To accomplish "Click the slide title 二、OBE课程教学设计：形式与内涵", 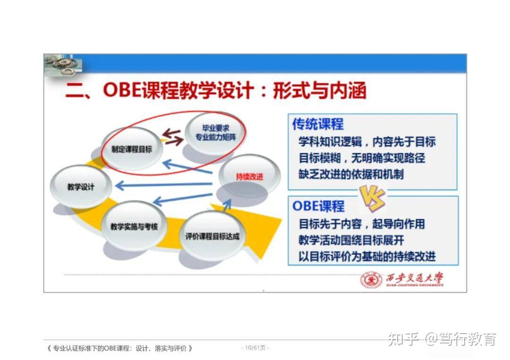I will click(216, 91).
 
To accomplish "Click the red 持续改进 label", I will click(249, 177).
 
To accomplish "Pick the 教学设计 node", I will click(81, 186).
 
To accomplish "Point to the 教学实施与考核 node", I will click(134, 226).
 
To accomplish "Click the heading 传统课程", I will click(318, 124).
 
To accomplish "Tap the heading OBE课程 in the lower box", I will click(319, 206).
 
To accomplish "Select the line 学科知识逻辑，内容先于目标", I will click(367, 142).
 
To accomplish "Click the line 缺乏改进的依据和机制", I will click(351, 174).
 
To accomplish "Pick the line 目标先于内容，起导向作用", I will click(362, 224).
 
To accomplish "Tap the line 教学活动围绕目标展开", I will click(351, 240).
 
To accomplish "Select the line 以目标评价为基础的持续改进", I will click(367, 256).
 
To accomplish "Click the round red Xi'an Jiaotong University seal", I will click(371, 280).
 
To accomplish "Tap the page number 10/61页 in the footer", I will click(255, 348).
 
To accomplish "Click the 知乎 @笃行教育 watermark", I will click(442, 339).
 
